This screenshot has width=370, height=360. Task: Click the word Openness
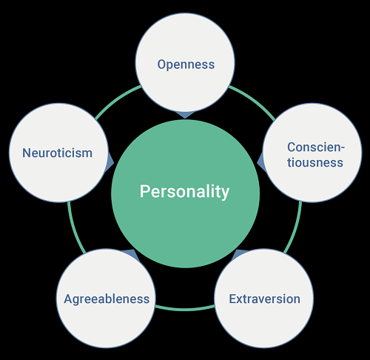pos(186,64)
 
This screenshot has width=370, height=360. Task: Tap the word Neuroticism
pos(57,153)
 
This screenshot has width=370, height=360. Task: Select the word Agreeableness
pos(107,299)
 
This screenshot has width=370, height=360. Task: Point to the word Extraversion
pos(265,299)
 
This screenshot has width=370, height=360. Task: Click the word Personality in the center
pos(184,192)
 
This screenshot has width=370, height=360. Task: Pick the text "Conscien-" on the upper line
pos(316,147)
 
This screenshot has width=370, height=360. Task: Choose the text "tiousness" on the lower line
pos(315,163)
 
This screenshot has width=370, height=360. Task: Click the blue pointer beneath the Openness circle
pos(185,115)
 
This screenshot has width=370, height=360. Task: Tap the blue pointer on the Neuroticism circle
pos(110,162)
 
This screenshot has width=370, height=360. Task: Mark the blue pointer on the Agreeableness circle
pos(131,254)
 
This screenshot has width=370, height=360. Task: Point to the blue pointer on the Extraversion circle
pos(239,254)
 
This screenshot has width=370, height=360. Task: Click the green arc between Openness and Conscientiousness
pos(254,100)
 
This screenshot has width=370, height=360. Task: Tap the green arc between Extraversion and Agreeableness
pos(185,309)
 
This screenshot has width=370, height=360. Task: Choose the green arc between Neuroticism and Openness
pos(116,100)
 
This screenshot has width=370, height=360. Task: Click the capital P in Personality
pos(144,191)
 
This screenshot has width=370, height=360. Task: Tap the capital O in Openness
pos(162,64)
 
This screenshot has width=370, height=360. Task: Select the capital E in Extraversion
pos(232,299)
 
